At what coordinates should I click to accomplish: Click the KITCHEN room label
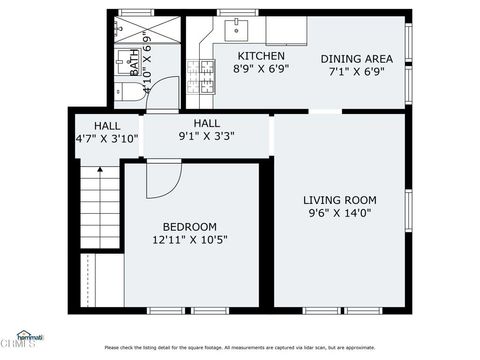[x=260, y=56]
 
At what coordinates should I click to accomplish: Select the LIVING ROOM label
[x=340, y=197]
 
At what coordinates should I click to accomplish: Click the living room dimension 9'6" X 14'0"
[x=340, y=212]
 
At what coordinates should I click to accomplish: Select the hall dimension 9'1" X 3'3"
[x=206, y=137]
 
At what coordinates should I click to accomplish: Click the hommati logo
[x=21, y=339]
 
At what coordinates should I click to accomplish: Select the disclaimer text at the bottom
[x=240, y=347]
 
